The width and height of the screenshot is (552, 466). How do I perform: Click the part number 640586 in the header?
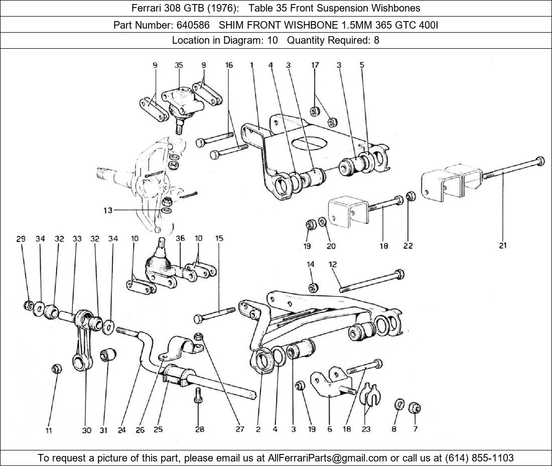193,25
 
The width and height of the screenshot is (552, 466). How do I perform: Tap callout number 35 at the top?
179,65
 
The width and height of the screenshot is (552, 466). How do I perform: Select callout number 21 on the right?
503,246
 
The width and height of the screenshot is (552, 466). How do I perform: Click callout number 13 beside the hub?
108,210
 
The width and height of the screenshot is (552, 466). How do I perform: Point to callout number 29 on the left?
21,239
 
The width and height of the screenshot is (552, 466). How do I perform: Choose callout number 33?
77,239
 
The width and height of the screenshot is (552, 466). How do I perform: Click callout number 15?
219,239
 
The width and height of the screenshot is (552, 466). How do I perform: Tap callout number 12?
333,264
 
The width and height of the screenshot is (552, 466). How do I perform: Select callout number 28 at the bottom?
200,429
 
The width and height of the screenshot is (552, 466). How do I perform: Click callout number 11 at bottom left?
49,430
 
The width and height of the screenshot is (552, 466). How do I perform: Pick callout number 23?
366,429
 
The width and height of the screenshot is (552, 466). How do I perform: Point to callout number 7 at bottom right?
416,429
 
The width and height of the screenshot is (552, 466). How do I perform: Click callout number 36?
180,239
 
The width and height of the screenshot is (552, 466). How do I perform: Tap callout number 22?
407,246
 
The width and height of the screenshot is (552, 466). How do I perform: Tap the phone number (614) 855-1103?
479,458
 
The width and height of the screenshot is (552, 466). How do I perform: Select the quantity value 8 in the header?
376,40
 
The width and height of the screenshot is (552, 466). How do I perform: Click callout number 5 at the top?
362,65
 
